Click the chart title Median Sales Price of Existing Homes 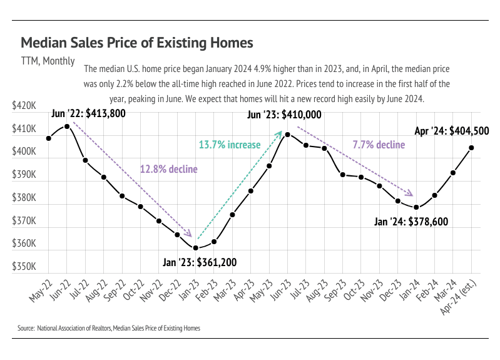pyautogui.click(x=136, y=43)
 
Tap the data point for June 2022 pyautogui.click(x=67, y=126)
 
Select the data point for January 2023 pyautogui.click(x=196, y=248)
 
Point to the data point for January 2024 pyautogui.click(x=416, y=207)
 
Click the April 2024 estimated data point pyautogui.click(x=471, y=148)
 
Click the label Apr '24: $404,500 pyautogui.click(x=452, y=131)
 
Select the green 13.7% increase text pyautogui.click(x=230, y=145)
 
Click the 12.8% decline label pyautogui.click(x=168, y=169)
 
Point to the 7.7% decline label pyautogui.click(x=379, y=145)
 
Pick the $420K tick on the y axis pyautogui.click(x=24, y=106)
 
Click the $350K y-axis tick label pyautogui.click(x=24, y=267)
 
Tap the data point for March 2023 pyautogui.click(x=233, y=215)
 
